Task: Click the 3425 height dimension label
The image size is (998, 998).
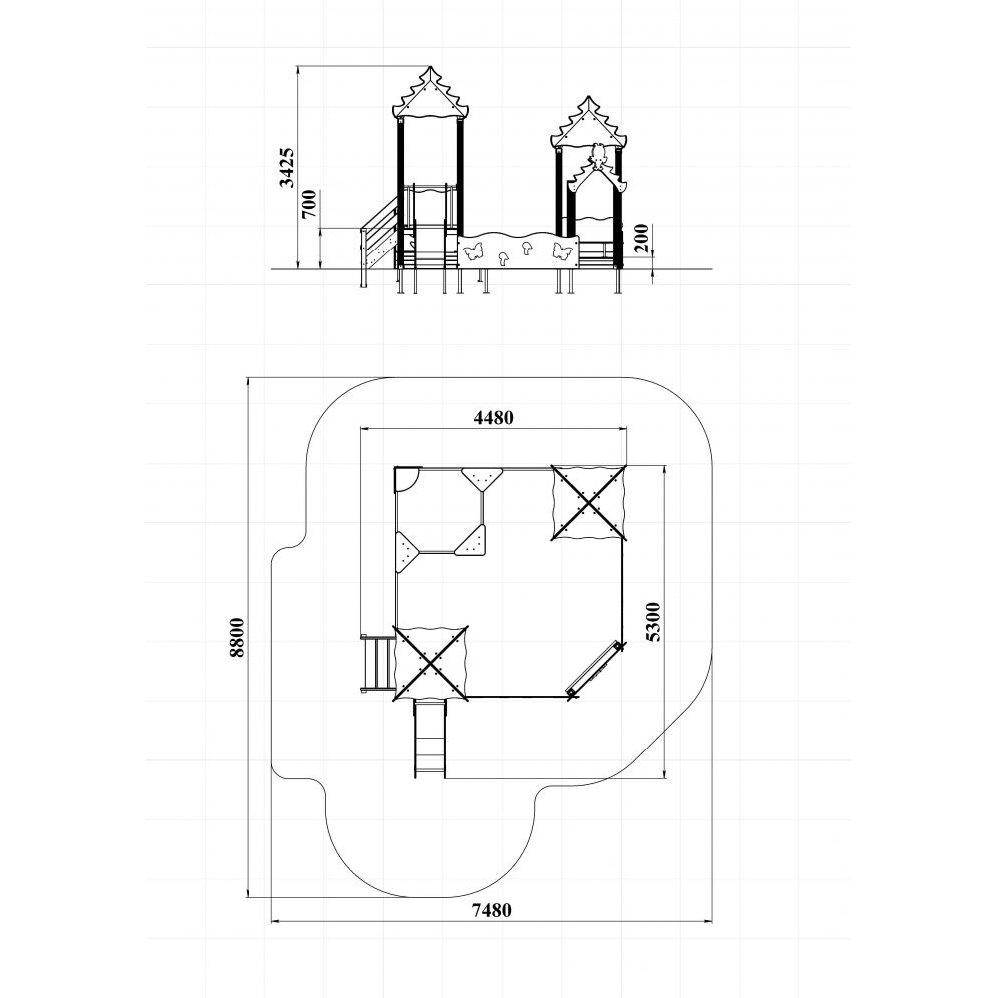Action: pos(288,168)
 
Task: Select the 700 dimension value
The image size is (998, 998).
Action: pos(310,204)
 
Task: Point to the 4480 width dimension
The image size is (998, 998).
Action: pos(493,417)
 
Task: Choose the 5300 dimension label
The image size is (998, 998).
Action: pos(653,621)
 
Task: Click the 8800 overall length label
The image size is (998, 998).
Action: pos(237,637)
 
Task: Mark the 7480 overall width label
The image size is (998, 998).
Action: pos(491,910)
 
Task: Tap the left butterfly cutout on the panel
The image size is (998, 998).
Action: pos(473,251)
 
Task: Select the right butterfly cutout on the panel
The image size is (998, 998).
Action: pos(561,250)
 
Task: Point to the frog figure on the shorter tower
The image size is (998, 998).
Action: pos(597,155)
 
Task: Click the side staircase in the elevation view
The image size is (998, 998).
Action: pos(379,242)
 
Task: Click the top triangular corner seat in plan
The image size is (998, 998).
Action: pos(482,478)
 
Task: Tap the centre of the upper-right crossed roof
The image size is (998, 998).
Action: pos(588,502)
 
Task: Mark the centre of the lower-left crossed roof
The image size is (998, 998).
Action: pos(431,663)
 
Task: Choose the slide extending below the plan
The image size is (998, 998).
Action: pos(429,739)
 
